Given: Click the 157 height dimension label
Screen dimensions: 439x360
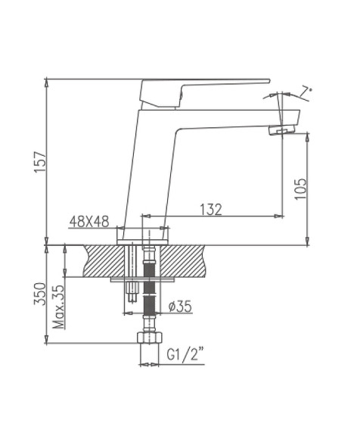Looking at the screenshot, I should [x=40, y=162].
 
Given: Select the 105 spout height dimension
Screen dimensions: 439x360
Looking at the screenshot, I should [x=299, y=188].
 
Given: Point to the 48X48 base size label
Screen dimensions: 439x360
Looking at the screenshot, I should [x=89, y=221].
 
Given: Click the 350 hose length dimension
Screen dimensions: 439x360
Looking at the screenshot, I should [x=40, y=293].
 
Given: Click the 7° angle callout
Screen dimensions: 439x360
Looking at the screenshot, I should [x=306, y=91].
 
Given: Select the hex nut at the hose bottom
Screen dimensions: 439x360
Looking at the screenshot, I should [x=148, y=338].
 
